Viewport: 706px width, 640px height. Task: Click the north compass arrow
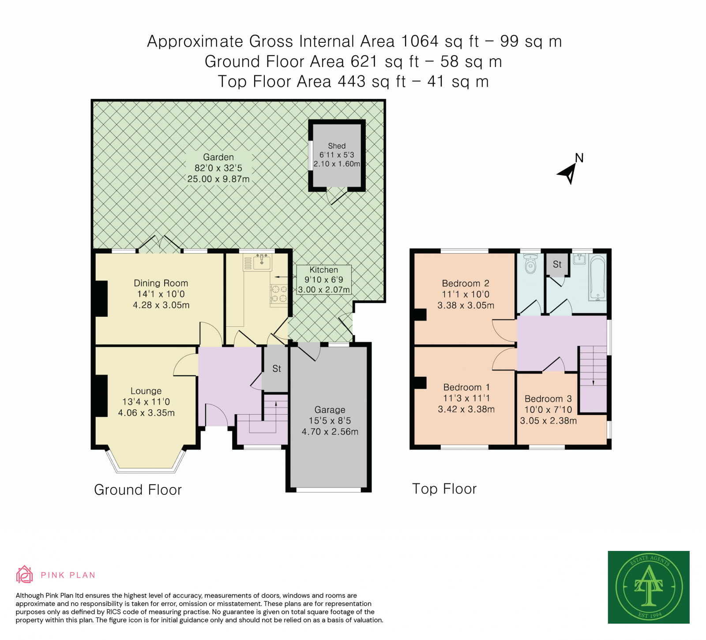[567, 173]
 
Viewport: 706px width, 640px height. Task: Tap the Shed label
[337, 146]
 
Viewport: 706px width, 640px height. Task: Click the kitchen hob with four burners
[279, 294]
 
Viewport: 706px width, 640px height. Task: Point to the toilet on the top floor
[530, 264]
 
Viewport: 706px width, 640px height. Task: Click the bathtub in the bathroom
[598, 278]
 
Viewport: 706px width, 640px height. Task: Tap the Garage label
[330, 410]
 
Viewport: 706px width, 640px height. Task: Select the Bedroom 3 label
[548, 399]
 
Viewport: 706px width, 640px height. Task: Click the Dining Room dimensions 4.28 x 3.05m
[161, 305]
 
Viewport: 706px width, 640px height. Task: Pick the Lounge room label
[146, 391]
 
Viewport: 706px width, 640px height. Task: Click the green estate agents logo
[649, 587]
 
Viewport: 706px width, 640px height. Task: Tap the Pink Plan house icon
[25, 574]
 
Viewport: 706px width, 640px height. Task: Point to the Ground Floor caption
[138, 490]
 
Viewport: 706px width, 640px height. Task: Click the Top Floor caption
[444, 489]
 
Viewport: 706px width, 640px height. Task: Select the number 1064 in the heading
[420, 41]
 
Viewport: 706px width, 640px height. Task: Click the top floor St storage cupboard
[557, 265]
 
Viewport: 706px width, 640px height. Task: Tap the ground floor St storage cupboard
[276, 368]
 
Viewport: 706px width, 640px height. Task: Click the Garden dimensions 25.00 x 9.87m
[218, 179]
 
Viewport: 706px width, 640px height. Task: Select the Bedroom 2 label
[466, 283]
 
